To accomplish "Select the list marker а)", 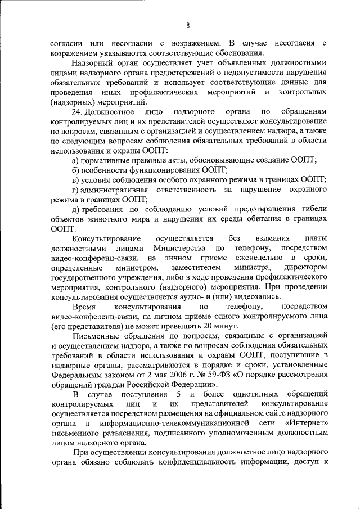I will click(x=77, y=160).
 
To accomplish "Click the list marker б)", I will click(x=77, y=170).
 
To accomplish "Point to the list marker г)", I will click(x=76, y=190).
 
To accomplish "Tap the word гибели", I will click(x=312, y=210).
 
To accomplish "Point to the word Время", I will click(x=84, y=307).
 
